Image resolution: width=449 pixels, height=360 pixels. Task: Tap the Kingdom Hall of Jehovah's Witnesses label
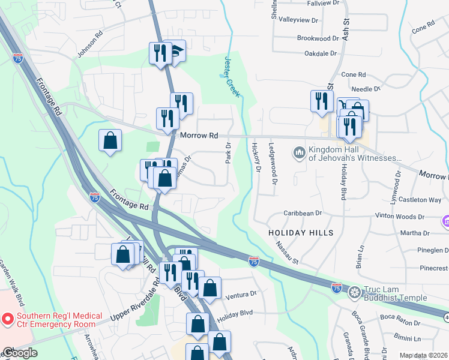354,154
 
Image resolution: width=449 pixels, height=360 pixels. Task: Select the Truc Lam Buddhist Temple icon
355,293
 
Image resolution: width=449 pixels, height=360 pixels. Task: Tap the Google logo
19,353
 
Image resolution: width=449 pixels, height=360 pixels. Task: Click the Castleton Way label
424,199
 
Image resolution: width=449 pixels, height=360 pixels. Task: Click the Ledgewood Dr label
274,163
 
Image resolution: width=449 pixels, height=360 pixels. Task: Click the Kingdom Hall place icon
300,154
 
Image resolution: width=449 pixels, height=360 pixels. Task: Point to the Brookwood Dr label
318,38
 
